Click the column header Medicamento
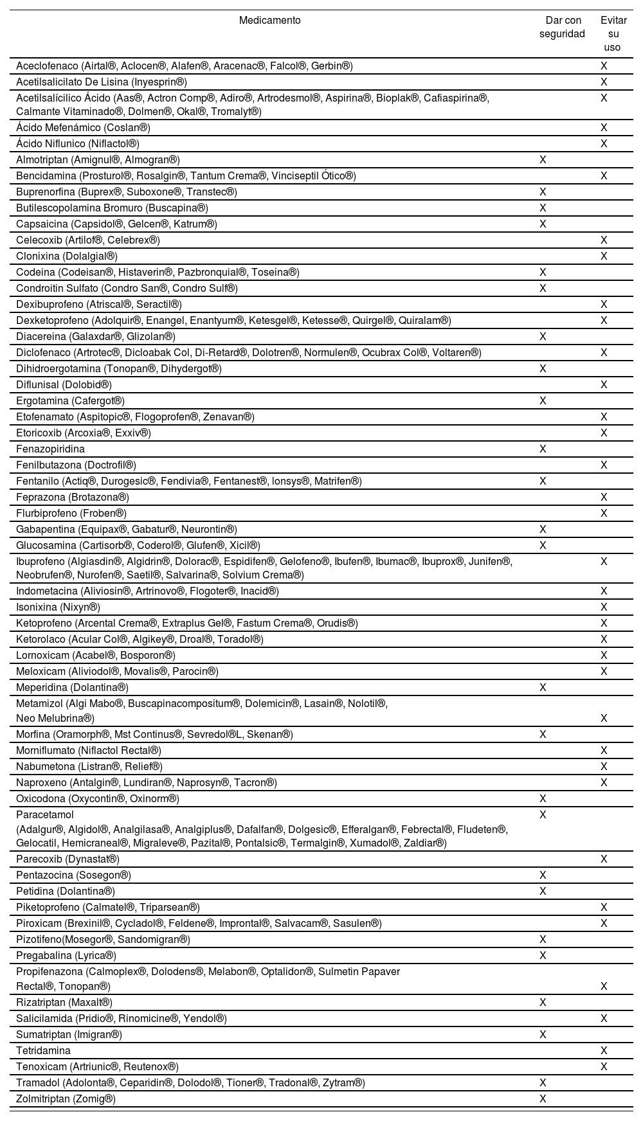[x=269, y=20]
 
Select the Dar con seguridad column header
[x=562, y=27]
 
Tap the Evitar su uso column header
[x=613, y=33]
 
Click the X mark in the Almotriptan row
[x=543, y=159]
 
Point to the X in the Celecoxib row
[x=604, y=240]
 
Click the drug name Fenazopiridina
[x=50, y=449]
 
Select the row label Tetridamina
[x=43, y=1050]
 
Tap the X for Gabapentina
[x=543, y=529]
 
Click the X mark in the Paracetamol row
[x=543, y=814]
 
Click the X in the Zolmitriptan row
[x=543, y=1099]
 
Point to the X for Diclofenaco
[x=604, y=352]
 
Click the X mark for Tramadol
[x=543, y=1082]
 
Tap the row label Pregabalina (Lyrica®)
[x=66, y=955]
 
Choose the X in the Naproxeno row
[x=604, y=782]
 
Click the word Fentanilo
[x=37, y=481]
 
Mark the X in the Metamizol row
[x=604, y=718]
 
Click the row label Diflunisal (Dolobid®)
[x=64, y=384]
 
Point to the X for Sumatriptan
[x=543, y=1034]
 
